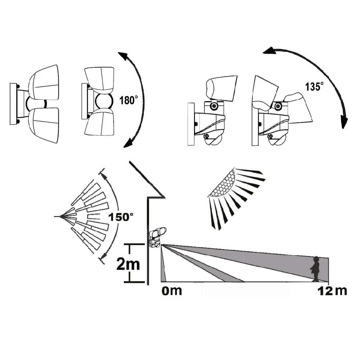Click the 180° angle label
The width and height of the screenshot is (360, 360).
[129, 100]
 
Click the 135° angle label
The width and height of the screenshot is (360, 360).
[314, 86]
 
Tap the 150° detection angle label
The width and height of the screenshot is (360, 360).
[121, 217]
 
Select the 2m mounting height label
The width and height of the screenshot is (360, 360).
[128, 264]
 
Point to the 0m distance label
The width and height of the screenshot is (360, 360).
[172, 291]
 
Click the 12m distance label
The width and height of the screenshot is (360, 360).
[332, 291]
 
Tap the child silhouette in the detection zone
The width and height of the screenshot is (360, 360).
[315, 269]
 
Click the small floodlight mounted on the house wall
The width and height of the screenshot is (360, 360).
[157, 237]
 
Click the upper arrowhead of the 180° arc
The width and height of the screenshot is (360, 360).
[123, 56]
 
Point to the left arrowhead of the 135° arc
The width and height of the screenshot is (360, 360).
[269, 50]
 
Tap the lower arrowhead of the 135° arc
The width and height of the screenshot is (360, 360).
[344, 122]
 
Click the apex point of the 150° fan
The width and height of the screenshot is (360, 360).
[61, 216]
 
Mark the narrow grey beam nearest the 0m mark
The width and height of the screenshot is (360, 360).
[163, 264]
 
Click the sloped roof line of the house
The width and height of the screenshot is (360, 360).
[147, 179]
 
